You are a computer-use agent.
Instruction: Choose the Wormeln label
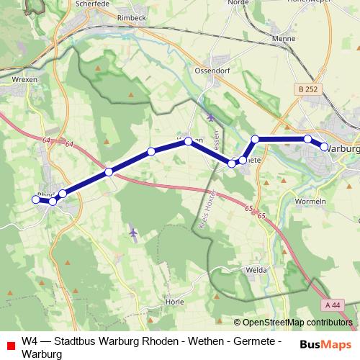coord(311,201)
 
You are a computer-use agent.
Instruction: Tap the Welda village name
coord(257,270)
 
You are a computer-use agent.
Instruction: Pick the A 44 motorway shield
coord(333,305)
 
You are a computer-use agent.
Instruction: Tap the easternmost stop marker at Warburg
coord(324,147)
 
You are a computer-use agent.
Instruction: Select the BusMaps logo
coord(325,344)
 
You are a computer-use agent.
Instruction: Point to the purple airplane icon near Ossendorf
coord(210,116)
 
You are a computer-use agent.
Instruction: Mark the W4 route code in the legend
coord(30,341)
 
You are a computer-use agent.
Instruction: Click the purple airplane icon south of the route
coord(133,233)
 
